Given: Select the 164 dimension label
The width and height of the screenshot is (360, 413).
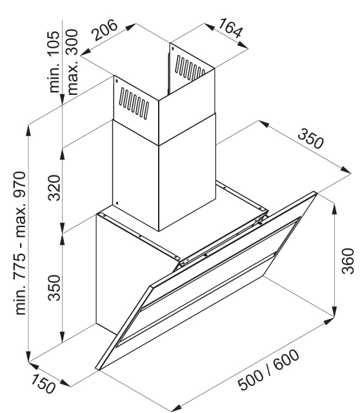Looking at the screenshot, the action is (229, 28).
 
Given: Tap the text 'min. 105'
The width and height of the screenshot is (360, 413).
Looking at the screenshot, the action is (54, 62).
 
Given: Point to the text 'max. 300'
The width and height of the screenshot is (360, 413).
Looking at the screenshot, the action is (72, 62).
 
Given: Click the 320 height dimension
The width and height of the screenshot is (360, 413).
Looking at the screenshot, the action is (54, 188).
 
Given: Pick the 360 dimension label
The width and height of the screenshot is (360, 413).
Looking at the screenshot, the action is (348, 261).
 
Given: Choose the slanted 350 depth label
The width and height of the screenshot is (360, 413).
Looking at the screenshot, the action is (310, 139).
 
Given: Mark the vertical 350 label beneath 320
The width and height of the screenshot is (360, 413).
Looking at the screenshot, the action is (54, 288).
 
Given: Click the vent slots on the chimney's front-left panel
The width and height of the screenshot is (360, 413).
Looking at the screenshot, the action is (134, 104).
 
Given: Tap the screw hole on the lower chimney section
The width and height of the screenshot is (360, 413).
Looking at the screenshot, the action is (117, 203).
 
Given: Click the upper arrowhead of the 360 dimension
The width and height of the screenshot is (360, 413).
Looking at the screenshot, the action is (335, 208).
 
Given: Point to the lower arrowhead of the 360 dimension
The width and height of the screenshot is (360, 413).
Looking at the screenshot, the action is (335, 311).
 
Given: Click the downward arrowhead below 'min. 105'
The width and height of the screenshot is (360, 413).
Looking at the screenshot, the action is (62, 99).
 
